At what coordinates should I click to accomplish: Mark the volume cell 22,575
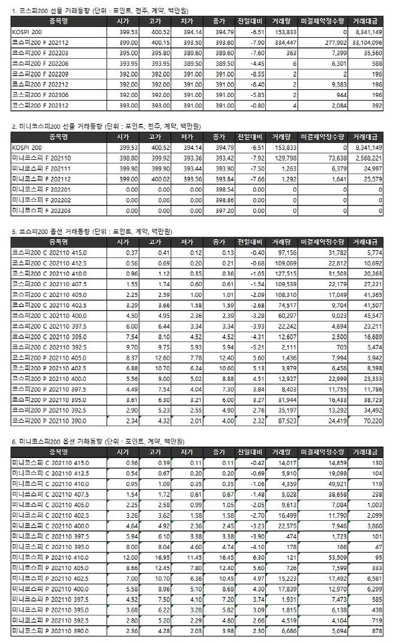pos(286,525)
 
